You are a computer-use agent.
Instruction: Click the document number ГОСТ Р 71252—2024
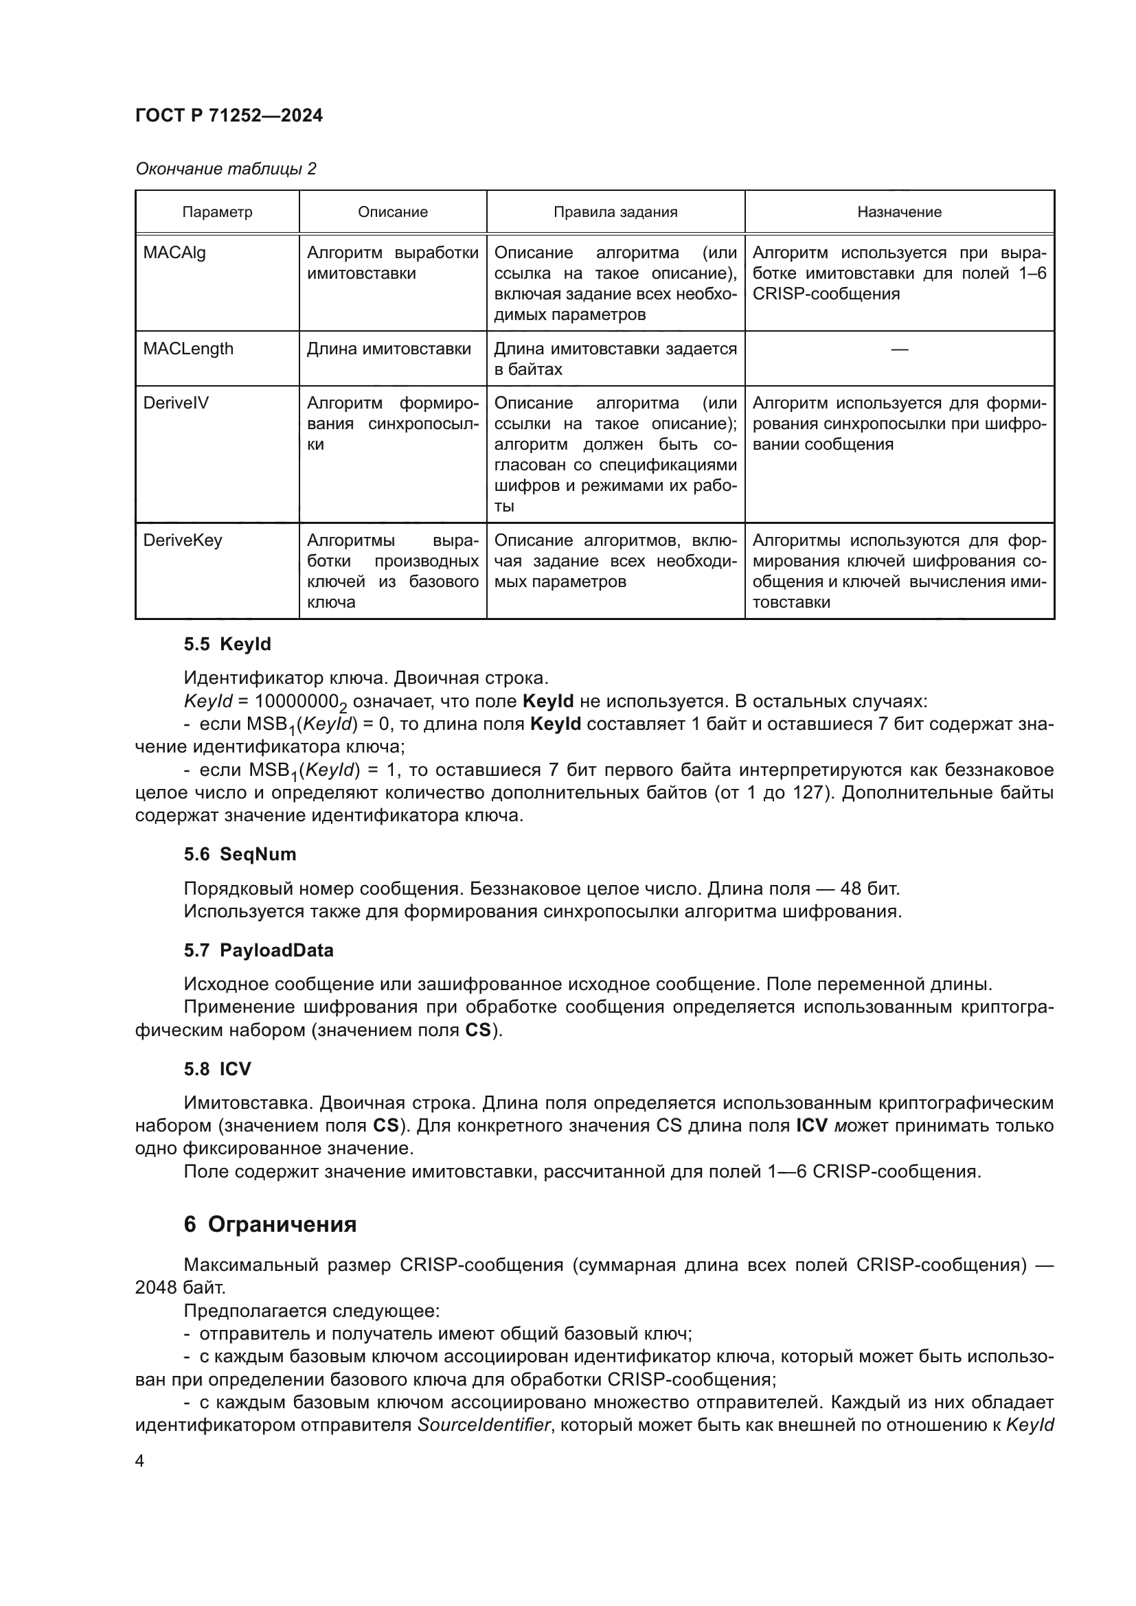(x=229, y=115)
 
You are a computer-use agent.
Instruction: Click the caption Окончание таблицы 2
(x=225, y=169)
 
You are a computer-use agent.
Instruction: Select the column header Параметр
(x=217, y=212)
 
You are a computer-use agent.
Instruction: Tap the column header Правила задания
(x=615, y=212)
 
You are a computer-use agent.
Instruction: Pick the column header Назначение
(x=899, y=212)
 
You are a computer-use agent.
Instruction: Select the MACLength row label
(x=188, y=348)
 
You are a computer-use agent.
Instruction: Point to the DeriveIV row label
(x=176, y=403)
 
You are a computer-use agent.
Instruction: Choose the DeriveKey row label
(x=183, y=540)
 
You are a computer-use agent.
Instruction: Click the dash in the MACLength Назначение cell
(x=899, y=348)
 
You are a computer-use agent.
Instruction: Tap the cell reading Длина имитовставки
(x=389, y=348)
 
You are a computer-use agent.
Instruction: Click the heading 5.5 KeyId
(x=227, y=643)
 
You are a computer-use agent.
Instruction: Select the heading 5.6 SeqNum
(x=240, y=854)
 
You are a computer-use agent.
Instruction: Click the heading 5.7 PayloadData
(x=259, y=950)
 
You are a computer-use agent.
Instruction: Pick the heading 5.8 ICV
(x=217, y=1069)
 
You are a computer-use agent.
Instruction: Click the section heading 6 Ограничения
(x=270, y=1224)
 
